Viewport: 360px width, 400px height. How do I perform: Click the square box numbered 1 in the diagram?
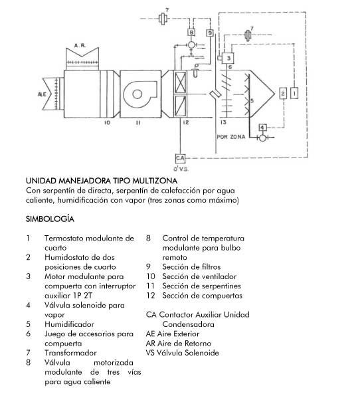(294, 94)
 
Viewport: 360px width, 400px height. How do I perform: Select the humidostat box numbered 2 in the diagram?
(283, 94)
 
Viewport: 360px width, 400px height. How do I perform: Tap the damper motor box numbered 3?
(228, 58)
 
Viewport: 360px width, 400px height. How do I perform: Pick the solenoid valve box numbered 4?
(262, 128)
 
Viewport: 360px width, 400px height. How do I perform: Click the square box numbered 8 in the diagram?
(191, 32)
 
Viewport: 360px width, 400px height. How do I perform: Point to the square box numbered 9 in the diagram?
(210, 33)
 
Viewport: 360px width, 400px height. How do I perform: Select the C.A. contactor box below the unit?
(180, 158)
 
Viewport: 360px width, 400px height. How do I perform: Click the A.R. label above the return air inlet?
(80, 46)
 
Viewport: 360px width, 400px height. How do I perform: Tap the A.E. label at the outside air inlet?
(42, 94)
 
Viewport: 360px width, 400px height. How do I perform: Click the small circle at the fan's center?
(137, 94)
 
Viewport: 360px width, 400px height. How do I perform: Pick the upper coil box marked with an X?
(180, 82)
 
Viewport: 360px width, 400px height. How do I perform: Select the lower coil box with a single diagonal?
(180, 106)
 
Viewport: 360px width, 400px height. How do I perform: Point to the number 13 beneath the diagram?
(223, 122)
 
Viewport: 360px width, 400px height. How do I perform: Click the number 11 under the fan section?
(138, 123)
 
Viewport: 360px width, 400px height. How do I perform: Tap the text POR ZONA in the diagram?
(231, 137)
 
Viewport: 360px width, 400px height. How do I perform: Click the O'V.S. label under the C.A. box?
(181, 169)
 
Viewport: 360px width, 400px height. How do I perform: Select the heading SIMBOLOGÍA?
(50, 219)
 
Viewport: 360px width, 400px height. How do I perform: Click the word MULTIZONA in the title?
(155, 181)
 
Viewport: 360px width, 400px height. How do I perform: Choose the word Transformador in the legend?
(70, 353)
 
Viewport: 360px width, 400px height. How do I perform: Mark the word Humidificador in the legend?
(69, 324)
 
